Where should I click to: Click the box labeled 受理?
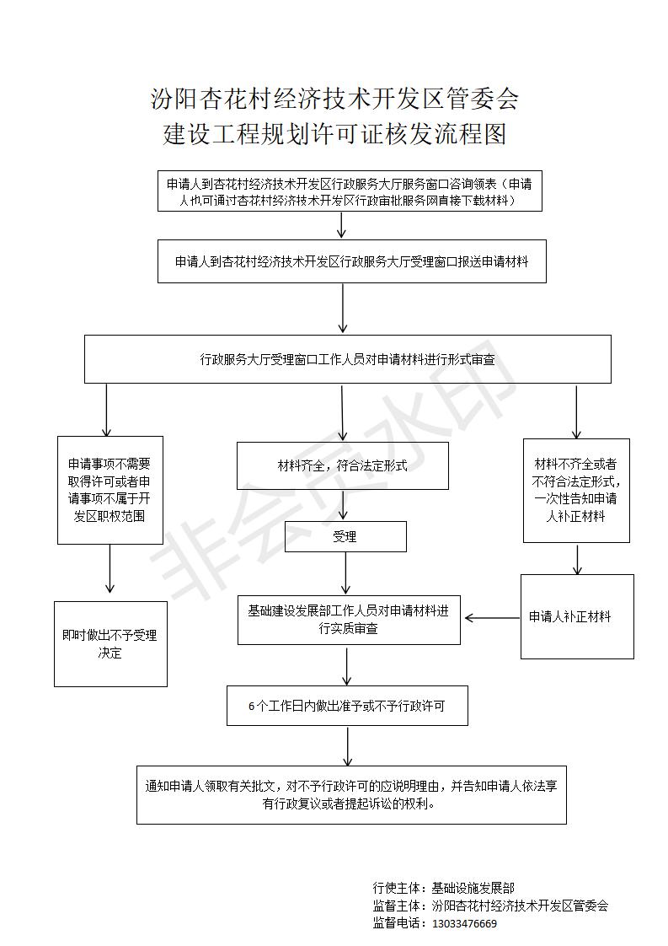[345, 536]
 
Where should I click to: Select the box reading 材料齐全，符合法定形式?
[342, 465]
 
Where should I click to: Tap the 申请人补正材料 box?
[577, 616]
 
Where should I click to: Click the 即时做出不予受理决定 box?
[110, 643]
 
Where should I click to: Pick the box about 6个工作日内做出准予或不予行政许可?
[346, 706]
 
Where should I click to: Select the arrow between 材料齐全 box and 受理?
[343, 505]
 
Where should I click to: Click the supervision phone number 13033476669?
[464, 923]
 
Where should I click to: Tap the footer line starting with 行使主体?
[443, 888]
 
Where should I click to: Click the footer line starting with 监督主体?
[490, 906]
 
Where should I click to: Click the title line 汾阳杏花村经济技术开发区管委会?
[334, 99]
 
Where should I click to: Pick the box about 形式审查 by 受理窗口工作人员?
[347, 359]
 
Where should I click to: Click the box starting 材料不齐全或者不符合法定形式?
[576, 490]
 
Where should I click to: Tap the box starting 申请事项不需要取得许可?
[110, 490]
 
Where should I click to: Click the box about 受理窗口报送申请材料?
[351, 261]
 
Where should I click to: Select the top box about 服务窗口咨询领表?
[350, 191]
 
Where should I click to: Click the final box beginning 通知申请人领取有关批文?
[351, 794]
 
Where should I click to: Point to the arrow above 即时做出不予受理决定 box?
[110, 571]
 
